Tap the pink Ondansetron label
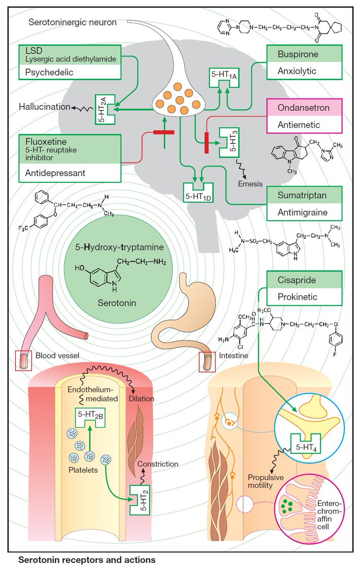pos(302,108)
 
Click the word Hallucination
pos(44,107)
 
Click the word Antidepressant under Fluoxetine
pos(55,173)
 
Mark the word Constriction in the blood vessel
pos(157,464)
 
